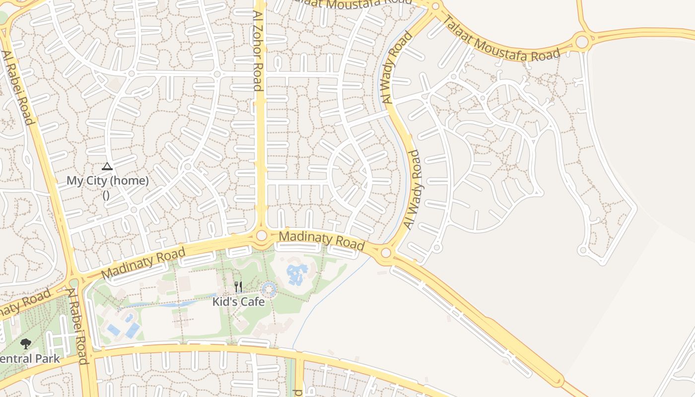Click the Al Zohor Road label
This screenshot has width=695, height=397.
pyautogui.click(x=257, y=51)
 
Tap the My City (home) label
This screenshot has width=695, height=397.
pyautogui.click(x=108, y=181)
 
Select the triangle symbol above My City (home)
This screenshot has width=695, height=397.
pyautogui.click(x=107, y=167)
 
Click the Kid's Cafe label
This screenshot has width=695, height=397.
pyautogui.click(x=238, y=301)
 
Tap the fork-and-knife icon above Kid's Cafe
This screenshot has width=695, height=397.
pyautogui.click(x=238, y=287)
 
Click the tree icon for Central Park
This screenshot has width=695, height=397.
pyautogui.click(x=25, y=343)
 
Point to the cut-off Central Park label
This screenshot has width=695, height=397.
pyautogui.click(x=30, y=358)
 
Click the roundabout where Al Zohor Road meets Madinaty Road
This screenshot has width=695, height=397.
pyautogui.click(x=262, y=236)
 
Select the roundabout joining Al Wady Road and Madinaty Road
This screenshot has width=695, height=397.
pyautogui.click(x=386, y=253)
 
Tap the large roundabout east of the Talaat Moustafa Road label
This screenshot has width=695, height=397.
pyautogui.click(x=582, y=41)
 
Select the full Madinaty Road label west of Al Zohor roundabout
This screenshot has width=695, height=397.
pyautogui.click(x=143, y=264)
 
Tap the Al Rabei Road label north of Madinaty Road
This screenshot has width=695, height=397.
pyautogui.click(x=18, y=87)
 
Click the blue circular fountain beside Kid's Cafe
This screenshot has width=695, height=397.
pyautogui.click(x=269, y=289)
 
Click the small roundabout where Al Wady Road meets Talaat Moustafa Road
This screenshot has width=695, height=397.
pyautogui.click(x=435, y=6)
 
